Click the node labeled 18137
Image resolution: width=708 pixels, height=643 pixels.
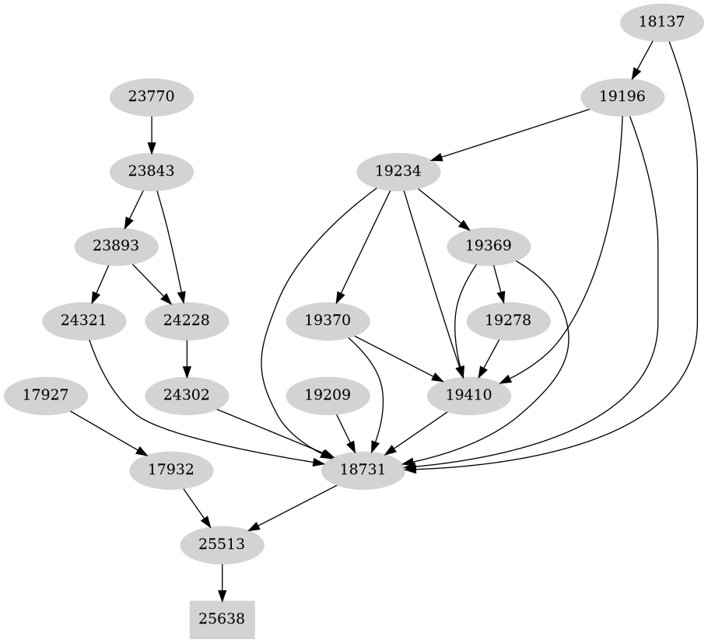click(661, 22)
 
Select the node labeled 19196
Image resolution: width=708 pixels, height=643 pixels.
click(622, 98)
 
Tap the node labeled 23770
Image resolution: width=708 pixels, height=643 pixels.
click(151, 98)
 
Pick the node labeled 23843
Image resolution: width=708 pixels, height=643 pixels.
click(151, 171)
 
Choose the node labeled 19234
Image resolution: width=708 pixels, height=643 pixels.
click(398, 171)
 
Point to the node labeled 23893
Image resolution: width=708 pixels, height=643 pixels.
click(116, 246)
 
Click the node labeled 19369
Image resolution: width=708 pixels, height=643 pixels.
click(489, 246)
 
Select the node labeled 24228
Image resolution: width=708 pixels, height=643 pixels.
click(187, 320)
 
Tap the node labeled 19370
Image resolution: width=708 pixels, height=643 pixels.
click(327, 320)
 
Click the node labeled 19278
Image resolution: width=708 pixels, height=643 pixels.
click(508, 320)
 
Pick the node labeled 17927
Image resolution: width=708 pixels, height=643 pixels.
click(45, 395)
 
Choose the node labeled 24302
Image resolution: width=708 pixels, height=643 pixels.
click(187, 395)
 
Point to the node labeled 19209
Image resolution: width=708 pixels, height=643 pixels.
click(327, 395)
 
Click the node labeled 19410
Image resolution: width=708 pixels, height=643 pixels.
click(469, 395)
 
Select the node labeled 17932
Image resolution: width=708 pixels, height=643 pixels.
click(171, 470)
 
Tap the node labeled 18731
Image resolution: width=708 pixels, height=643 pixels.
click(363, 470)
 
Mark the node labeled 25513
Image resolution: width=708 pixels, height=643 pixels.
click(222, 545)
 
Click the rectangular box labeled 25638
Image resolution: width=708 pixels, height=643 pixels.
click(222, 620)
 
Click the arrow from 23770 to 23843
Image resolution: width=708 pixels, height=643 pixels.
click(151, 135)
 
